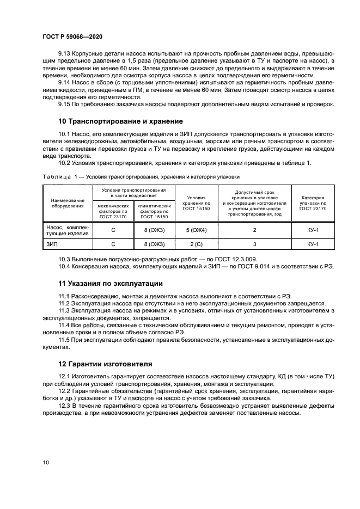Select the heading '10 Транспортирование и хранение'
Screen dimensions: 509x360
click(x=120, y=120)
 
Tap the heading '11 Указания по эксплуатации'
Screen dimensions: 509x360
click(x=110, y=284)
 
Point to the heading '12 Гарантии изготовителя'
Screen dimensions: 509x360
click(x=106, y=364)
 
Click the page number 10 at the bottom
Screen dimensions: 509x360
click(x=46, y=462)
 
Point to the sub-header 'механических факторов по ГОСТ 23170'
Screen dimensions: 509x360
click(x=113, y=211)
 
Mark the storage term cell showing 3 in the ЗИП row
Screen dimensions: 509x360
click(x=254, y=244)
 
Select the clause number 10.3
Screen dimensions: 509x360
click(x=65, y=259)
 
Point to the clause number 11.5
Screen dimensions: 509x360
click(x=65, y=340)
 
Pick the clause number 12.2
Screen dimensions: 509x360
click(x=65, y=391)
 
